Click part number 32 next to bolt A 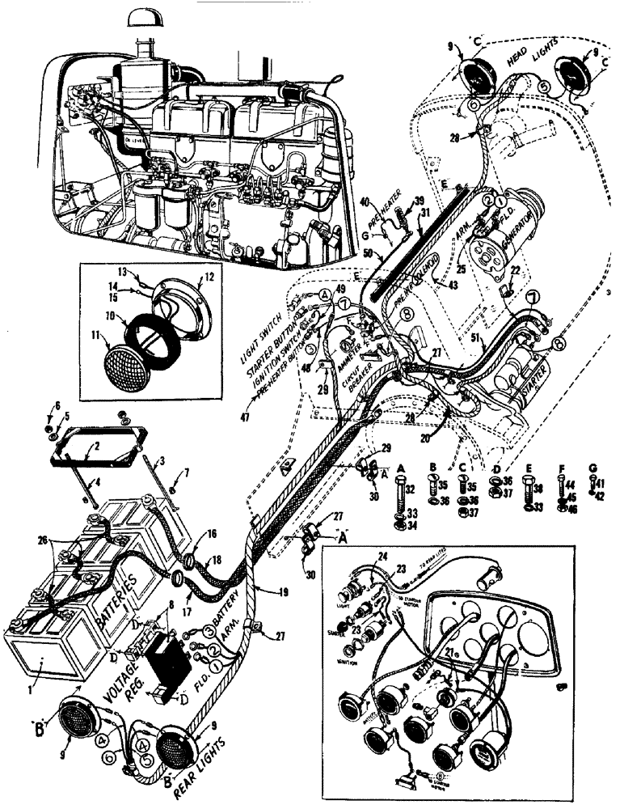pyautogui.click(x=411, y=489)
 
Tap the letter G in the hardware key pyautogui.click(x=595, y=467)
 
